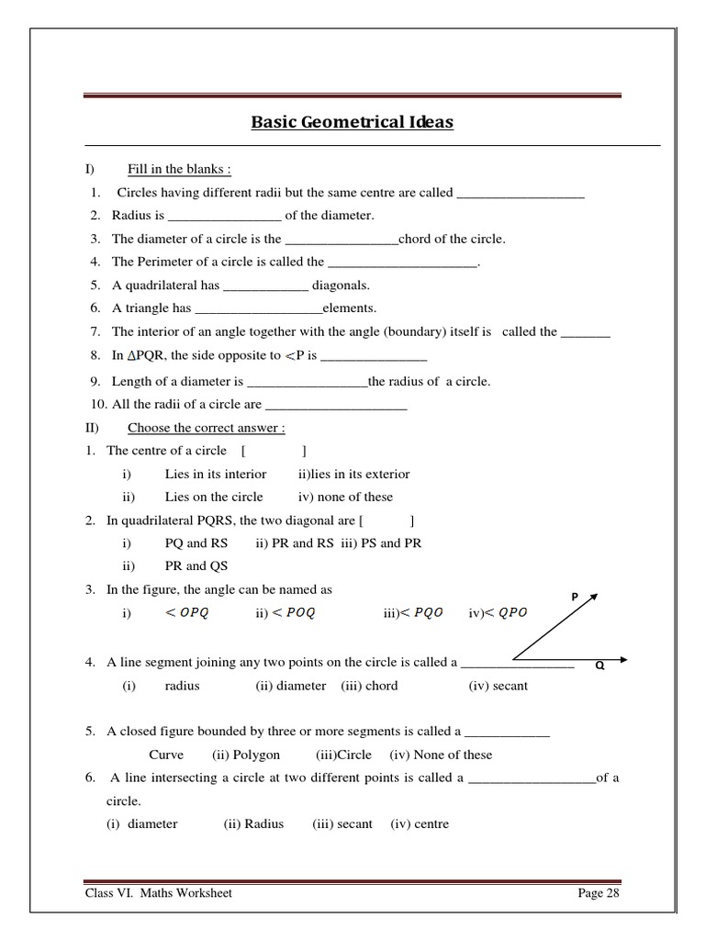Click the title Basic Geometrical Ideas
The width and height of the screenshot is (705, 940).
point(352,122)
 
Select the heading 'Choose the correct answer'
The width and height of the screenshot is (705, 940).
point(206,427)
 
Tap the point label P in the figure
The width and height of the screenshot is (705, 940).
point(575,597)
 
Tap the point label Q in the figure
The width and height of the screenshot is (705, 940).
point(599,667)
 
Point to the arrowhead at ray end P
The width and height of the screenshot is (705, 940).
point(594,597)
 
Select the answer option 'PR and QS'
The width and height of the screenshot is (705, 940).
point(196,565)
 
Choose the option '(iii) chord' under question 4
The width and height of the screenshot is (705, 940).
point(369,685)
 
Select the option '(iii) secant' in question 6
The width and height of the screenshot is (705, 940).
point(342,823)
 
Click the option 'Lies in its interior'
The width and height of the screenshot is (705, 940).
point(216,474)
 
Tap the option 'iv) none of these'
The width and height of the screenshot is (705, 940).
point(345,497)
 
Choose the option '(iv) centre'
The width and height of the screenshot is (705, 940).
point(420,823)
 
